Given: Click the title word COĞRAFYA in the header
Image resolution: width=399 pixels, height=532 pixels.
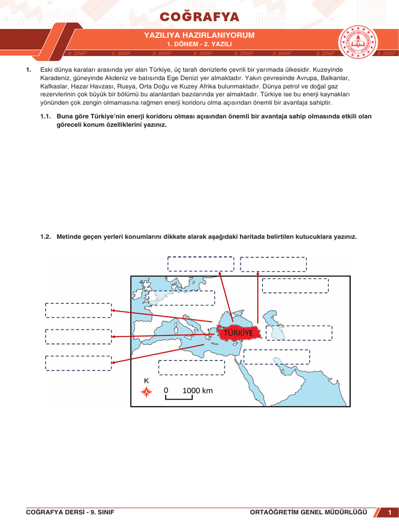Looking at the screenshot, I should pos(199,17).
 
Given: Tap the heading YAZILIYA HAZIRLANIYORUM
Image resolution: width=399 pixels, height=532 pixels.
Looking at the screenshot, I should pos(199,35).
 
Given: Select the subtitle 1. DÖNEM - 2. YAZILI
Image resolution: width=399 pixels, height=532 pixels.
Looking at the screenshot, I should pos(199,45).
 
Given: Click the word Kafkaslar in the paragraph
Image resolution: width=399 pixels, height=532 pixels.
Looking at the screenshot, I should pos(55,86).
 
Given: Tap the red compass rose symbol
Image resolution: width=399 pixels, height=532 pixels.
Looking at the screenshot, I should pos(147,392).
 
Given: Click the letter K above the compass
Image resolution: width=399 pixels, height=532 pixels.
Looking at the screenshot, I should pos(147,381).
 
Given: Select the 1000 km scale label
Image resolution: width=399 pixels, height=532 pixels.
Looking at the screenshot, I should pos(197,391).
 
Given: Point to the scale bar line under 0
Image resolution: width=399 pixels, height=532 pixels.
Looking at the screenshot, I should pos(179,398).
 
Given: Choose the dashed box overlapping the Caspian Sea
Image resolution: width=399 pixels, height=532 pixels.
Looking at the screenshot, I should pos(299,333).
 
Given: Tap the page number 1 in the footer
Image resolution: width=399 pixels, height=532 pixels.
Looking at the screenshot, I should pos(389,513).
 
